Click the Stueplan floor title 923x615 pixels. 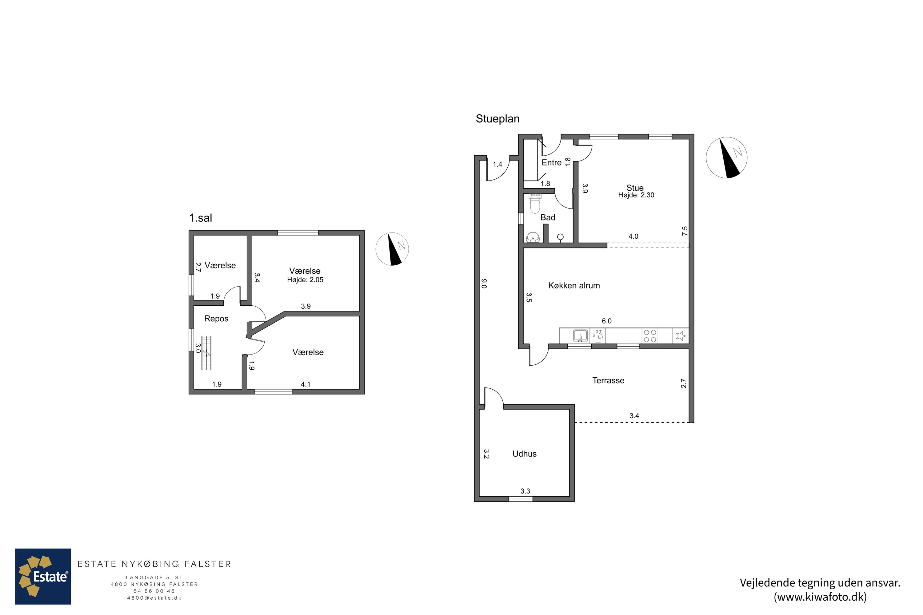coord(497,119)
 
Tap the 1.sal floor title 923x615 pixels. coord(200,218)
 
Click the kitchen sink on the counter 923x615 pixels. coord(580,336)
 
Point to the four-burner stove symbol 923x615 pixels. coord(650,336)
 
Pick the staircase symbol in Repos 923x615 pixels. coord(206,353)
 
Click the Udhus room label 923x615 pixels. coord(524,454)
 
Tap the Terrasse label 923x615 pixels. coord(608,380)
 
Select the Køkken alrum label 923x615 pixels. coord(574,286)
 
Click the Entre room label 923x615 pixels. coord(551,162)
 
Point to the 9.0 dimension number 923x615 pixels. coord(484,284)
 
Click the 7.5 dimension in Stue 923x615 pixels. coord(685,231)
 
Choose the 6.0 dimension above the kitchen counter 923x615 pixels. coord(607,321)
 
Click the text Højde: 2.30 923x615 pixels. coord(636,195)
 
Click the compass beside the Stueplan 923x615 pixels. coord(726,158)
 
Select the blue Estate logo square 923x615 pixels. coord(43,576)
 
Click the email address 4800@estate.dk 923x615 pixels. coord(154,598)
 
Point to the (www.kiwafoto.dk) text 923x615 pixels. coord(820,597)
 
